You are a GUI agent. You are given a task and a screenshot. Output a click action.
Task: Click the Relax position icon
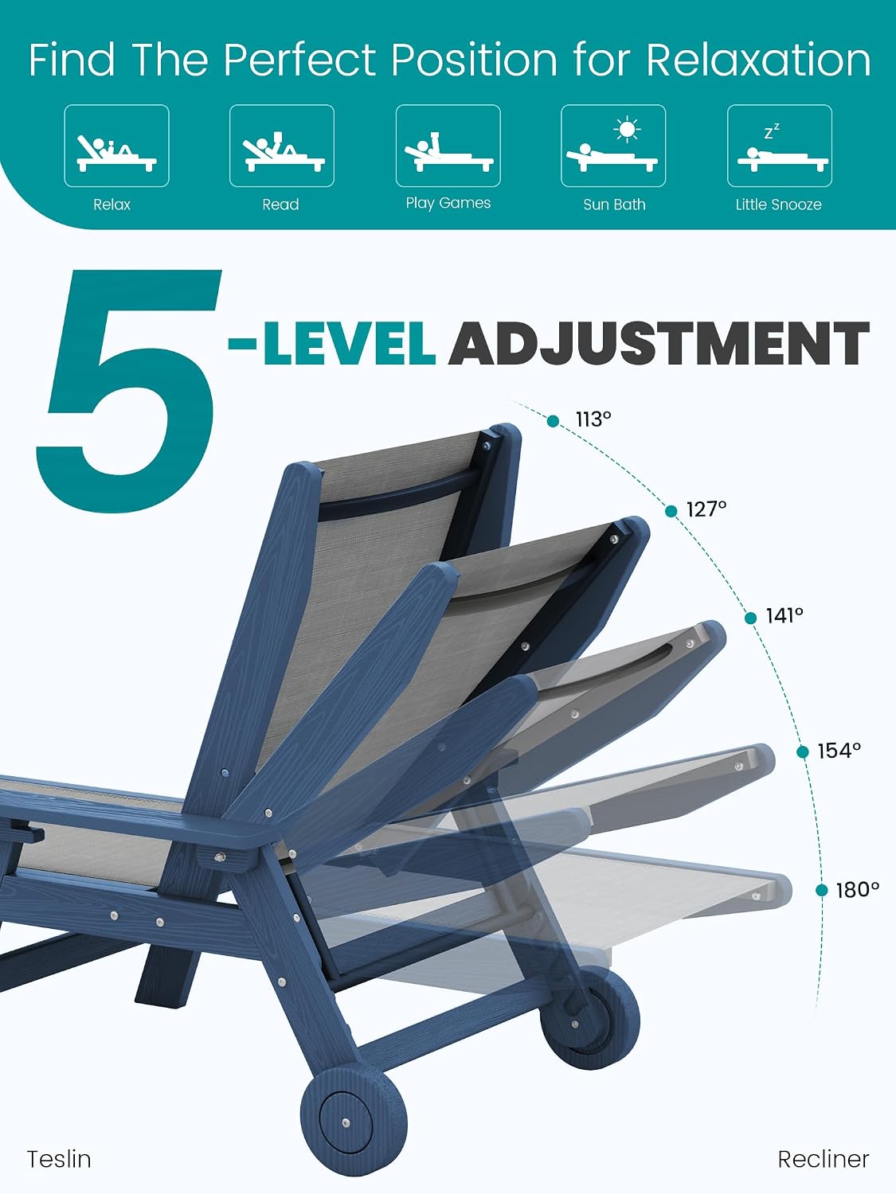116,146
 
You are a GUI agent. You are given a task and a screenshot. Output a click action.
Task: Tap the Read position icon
282,146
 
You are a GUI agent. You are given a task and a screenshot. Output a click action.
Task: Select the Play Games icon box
448,146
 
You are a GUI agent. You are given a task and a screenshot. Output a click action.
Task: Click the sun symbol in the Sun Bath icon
627,130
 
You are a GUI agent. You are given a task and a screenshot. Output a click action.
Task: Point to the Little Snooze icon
780,146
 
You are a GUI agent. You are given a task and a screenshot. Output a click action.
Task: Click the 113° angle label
593,419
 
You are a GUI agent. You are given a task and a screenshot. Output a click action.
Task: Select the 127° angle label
706,509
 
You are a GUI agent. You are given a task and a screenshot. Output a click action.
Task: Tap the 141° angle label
784,615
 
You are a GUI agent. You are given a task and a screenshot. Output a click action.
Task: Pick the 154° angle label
839,751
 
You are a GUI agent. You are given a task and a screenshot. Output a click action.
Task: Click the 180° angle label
858,890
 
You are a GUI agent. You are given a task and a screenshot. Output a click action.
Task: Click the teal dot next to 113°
553,421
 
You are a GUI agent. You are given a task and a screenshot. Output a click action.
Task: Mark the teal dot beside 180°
821,891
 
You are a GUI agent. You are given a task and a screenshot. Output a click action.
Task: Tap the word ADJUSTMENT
659,343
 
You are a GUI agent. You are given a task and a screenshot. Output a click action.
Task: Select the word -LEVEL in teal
332,343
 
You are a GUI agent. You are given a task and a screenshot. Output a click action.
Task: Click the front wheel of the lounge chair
354,1120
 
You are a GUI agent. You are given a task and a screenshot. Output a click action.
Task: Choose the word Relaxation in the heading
759,59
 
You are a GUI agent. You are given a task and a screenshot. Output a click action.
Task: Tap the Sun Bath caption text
614,205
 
